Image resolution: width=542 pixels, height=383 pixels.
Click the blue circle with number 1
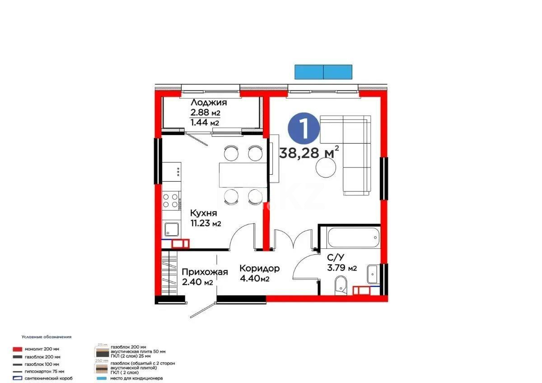click(304, 128)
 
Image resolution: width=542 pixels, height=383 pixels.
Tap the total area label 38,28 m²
click(309, 153)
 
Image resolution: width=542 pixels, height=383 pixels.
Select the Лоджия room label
click(208, 103)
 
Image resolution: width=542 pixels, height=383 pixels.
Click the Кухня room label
click(203, 213)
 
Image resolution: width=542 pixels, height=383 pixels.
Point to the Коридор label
click(259, 268)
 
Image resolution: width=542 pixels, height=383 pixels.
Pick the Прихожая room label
click(205, 272)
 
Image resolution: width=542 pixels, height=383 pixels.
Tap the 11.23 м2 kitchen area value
click(206, 223)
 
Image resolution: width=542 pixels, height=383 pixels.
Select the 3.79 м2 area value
click(342, 268)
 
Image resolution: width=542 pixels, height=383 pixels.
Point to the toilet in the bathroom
click(341, 286)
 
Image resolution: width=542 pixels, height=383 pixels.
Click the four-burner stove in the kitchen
click(171, 201)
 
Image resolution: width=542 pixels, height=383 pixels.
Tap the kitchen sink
click(171, 230)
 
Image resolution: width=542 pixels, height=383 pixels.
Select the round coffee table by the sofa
click(326, 169)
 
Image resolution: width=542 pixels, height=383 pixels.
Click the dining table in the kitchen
click(241, 174)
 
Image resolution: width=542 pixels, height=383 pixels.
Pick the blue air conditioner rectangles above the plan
click(323, 72)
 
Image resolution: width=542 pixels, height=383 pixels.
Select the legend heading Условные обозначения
click(47, 337)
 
